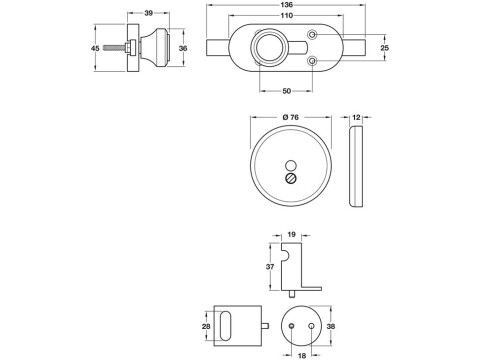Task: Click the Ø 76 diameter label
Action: coord(292,118)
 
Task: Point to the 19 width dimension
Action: coord(292,234)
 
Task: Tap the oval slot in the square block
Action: coord(232,326)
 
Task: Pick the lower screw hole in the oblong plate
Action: coord(314,63)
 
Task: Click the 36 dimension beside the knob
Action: coord(182,47)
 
